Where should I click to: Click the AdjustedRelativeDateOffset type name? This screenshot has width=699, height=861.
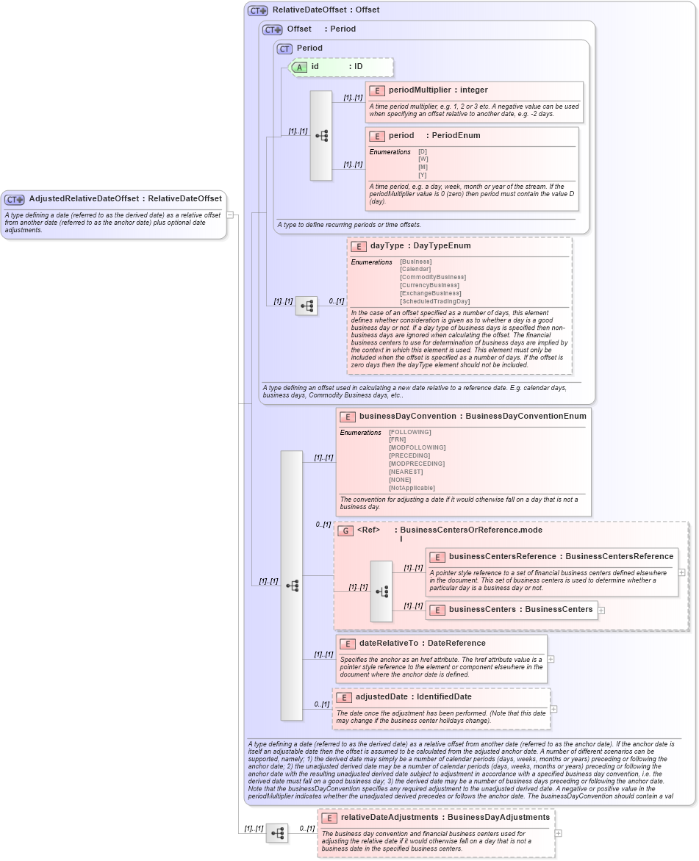[85, 198]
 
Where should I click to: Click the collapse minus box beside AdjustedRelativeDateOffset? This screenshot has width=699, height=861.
[230, 215]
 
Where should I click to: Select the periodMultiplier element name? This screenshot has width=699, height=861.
[418, 90]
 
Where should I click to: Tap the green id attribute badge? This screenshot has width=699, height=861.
[299, 67]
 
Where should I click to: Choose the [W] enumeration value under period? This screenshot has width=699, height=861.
[423, 159]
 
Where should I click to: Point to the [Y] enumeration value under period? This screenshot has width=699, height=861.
[423, 175]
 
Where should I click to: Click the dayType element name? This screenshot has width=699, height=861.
[387, 246]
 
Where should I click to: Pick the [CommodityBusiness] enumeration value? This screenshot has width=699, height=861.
[432, 277]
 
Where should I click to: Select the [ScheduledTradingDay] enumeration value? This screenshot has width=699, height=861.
[434, 301]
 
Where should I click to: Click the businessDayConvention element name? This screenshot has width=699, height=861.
[406, 417]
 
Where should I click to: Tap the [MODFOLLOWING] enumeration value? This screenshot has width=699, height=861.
[417, 447]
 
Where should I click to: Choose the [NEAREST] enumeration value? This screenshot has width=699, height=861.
[406, 472]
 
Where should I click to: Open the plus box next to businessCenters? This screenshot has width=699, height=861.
[601, 610]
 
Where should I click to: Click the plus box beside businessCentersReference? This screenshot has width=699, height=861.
[682, 572]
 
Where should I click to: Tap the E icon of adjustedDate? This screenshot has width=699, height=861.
[343, 697]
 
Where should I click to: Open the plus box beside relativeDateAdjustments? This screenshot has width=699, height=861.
[559, 833]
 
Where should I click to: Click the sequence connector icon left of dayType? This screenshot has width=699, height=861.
[307, 306]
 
